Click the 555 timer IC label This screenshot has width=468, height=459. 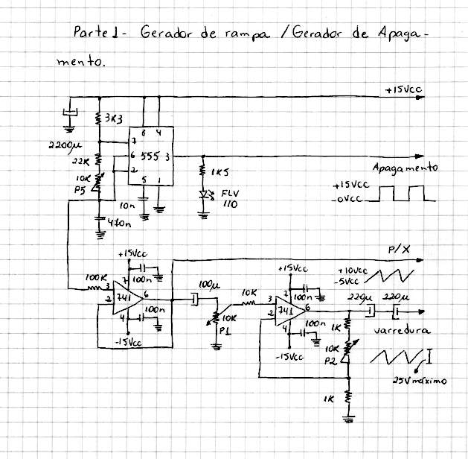(150, 156)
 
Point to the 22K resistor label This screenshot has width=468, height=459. (80, 159)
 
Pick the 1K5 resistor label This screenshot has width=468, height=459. (220, 172)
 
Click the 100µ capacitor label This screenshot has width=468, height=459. (210, 285)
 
